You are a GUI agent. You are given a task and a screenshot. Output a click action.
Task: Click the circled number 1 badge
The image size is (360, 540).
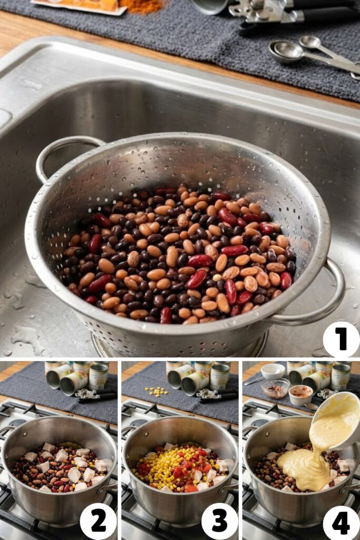[341, 339]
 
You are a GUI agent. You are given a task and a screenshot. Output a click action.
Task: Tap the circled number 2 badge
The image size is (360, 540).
[98, 520]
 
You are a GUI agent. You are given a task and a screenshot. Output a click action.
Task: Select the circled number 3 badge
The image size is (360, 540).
[220, 520]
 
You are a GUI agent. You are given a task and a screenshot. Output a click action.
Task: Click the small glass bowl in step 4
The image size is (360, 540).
[275, 388]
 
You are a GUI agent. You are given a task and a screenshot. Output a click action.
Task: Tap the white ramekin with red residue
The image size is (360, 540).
[301, 394]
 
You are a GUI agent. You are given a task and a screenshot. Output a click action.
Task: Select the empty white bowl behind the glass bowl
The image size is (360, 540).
[273, 371]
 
